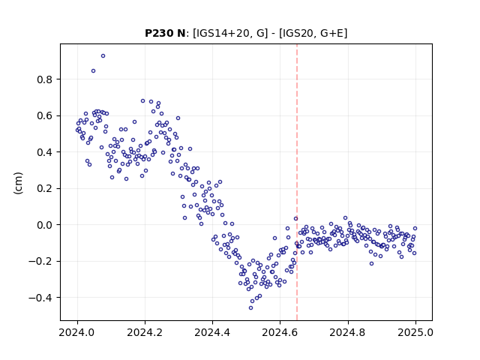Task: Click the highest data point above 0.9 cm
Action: pos(103,56)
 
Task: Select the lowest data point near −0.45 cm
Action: pos(250,308)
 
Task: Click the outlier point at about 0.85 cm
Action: pos(93,71)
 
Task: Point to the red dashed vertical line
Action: pos(297,182)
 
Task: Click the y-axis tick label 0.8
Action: pos(45,80)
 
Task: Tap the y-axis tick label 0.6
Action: pos(45,116)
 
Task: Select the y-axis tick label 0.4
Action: pos(45,152)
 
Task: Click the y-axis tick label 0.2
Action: pos(45,189)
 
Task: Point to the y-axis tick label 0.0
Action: pos(45,225)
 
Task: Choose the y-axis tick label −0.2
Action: pos(41,262)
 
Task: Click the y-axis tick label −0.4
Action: pos(41,298)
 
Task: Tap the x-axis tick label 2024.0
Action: pos(77,332)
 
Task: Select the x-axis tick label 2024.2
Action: pos(145,332)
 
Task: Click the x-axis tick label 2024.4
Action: pos(212,332)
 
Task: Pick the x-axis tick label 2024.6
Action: pos(280,332)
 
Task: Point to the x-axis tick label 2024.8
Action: pos(348,332)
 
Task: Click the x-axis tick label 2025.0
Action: pos(415,332)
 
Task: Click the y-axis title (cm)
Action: pos(18,183)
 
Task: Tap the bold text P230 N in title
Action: pos(165,33)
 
